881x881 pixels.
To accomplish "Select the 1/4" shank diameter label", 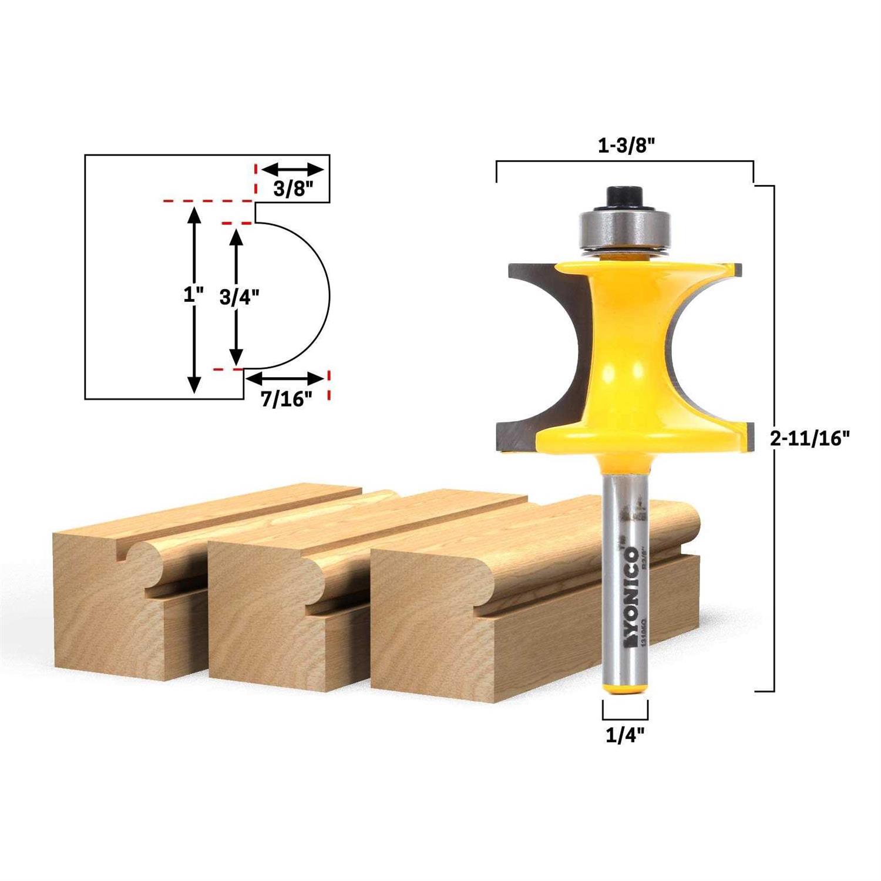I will [x=625, y=735].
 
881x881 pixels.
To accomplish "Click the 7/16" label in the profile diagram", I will [x=285, y=399].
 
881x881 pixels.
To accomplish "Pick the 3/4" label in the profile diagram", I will [x=239, y=298].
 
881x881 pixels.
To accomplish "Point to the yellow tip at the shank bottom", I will [x=626, y=688].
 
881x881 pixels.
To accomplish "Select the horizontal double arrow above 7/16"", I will [x=285, y=378].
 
